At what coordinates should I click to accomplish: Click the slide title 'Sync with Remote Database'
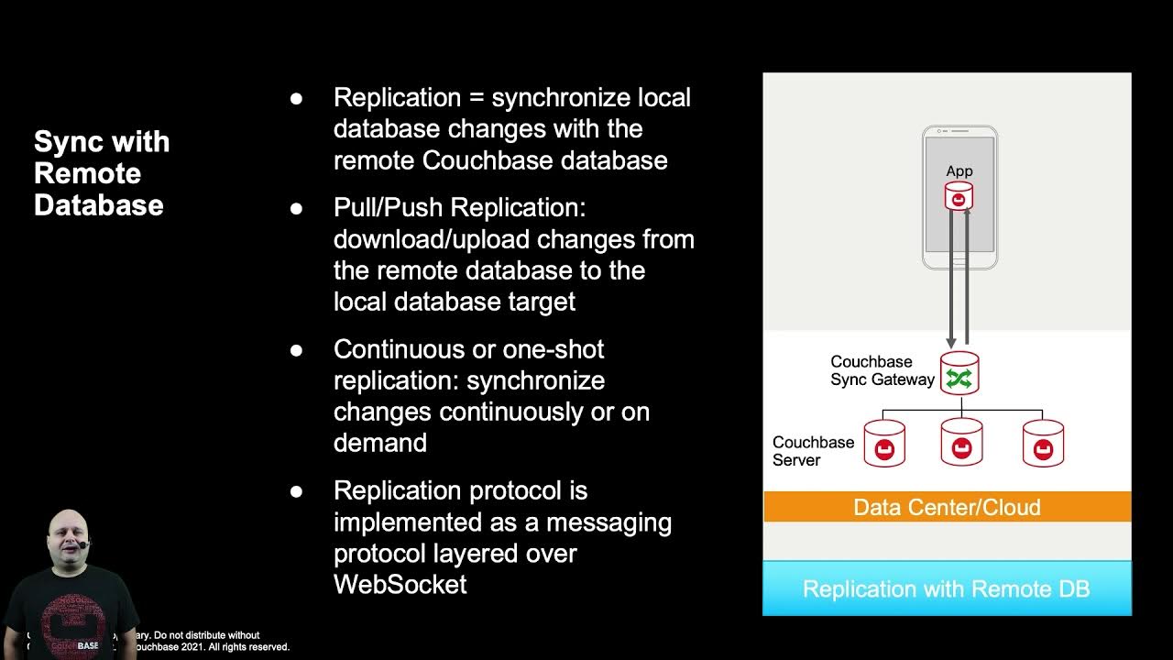pos(102,173)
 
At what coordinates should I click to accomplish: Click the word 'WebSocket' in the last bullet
pos(400,584)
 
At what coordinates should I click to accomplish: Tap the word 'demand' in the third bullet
pos(380,443)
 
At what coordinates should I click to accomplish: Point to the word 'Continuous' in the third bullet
pos(401,349)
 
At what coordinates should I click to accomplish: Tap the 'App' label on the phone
pos(959,171)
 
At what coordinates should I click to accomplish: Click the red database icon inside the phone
pos(959,196)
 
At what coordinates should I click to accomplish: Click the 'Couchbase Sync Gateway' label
pos(882,370)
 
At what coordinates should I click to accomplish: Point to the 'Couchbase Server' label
pos(813,451)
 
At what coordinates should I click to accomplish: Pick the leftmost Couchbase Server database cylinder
pos(884,444)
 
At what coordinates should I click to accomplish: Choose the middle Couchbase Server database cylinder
pos(961,444)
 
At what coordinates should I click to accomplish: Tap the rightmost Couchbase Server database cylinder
pos(1043,444)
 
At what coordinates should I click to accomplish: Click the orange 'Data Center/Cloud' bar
pos(947,507)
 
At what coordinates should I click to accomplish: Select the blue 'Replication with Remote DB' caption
pos(947,588)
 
